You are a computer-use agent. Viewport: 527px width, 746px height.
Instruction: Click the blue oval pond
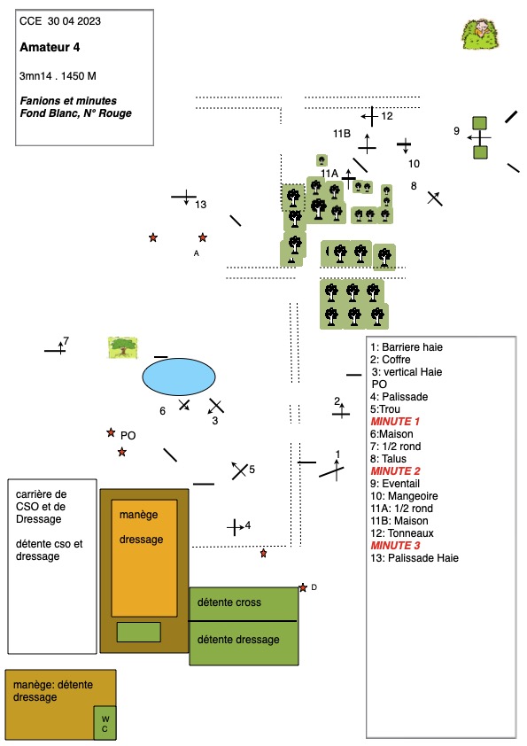point(179,377)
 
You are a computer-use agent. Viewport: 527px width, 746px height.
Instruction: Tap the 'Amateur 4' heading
point(50,47)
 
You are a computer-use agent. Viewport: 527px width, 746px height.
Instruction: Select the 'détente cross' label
point(229,602)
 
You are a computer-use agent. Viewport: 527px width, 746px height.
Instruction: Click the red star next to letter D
point(303,588)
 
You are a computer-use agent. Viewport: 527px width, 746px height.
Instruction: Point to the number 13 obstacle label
point(201,205)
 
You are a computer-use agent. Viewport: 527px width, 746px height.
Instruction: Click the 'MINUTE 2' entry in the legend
point(395,471)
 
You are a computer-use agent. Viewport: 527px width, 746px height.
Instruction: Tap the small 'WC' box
point(105,723)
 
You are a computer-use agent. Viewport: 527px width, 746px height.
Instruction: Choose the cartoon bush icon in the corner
point(480,35)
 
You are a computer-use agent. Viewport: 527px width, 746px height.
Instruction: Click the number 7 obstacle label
point(66,340)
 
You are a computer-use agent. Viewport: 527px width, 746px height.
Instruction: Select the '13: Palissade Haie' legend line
point(415,558)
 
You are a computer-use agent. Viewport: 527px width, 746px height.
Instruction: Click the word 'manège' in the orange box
point(138,515)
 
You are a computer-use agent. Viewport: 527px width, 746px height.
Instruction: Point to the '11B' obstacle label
point(342,134)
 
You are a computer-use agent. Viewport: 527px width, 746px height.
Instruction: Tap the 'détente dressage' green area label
point(238,640)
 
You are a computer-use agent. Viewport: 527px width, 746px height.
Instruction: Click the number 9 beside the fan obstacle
point(457,131)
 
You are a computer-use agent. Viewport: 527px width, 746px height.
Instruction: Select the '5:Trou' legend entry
point(385,409)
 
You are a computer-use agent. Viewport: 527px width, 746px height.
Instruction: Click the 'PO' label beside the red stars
point(128,436)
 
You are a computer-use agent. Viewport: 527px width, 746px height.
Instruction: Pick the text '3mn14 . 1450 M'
point(58,76)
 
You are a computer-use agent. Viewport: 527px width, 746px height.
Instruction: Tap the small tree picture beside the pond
point(123,347)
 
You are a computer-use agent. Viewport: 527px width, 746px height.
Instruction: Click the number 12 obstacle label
point(387,116)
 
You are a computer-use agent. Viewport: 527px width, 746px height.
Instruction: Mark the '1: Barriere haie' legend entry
point(407,347)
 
